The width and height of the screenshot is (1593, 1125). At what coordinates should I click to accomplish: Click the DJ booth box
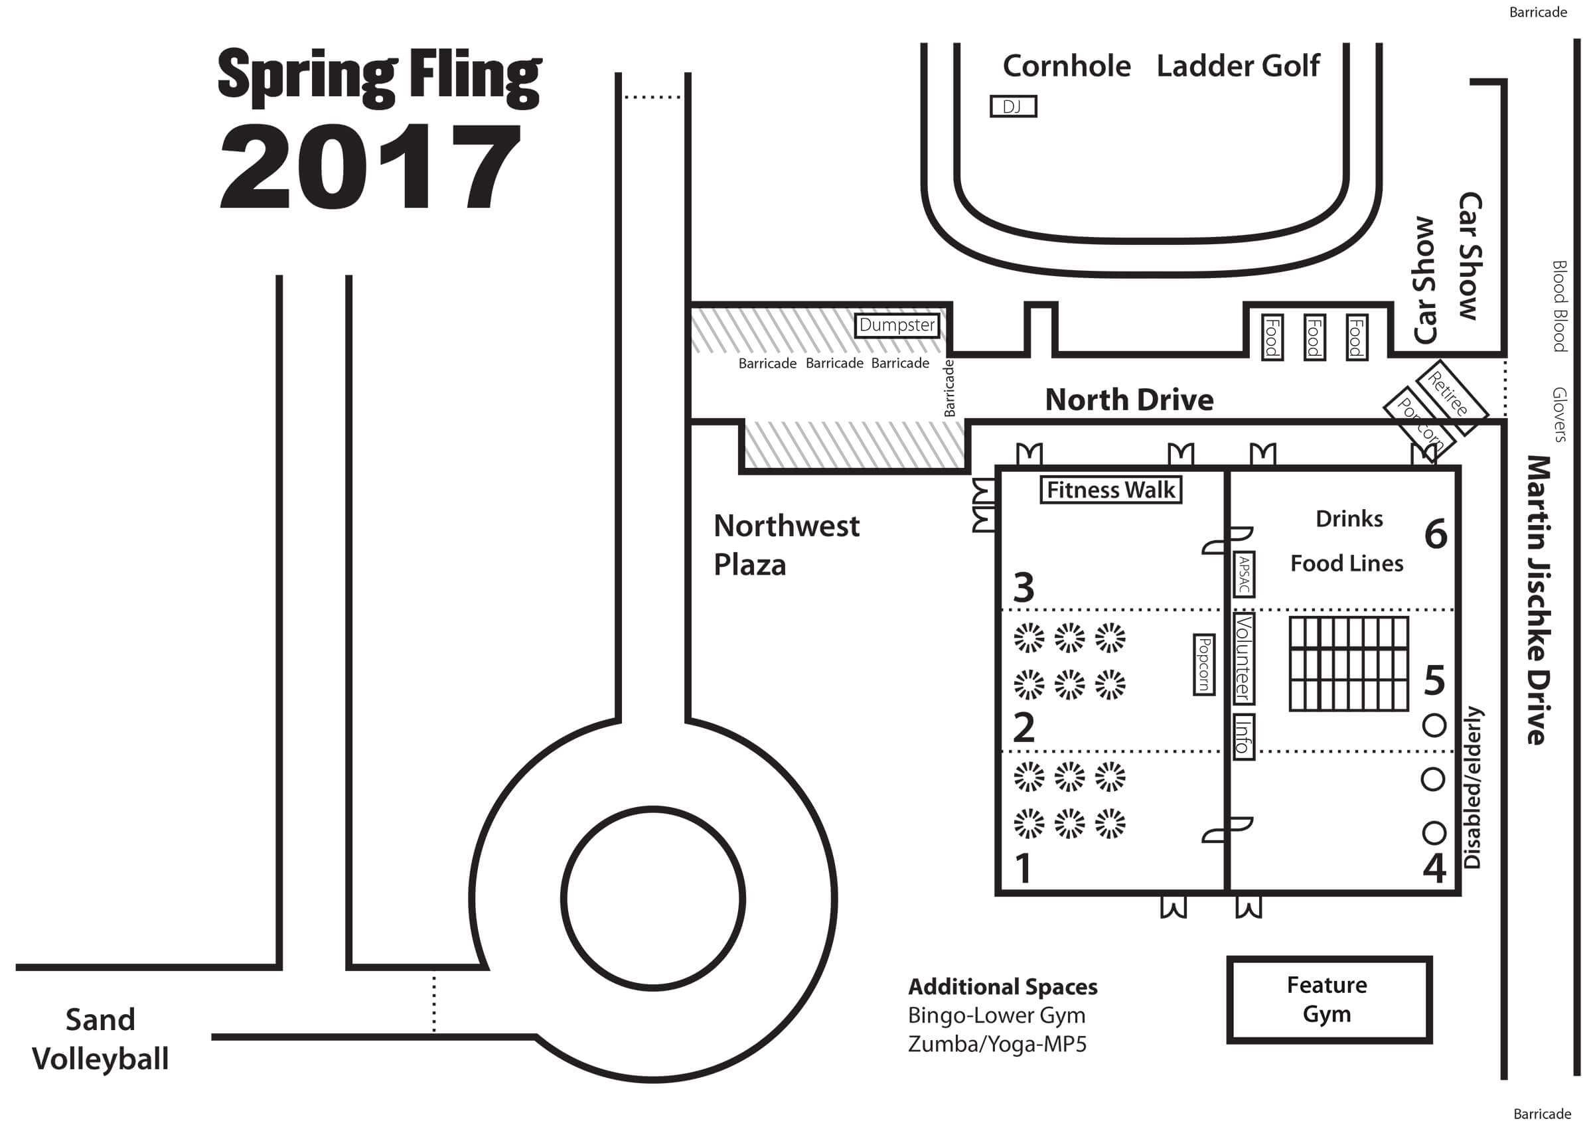(1012, 107)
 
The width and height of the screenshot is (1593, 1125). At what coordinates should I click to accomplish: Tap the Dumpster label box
(897, 325)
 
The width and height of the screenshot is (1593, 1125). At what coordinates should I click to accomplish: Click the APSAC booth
(1244, 574)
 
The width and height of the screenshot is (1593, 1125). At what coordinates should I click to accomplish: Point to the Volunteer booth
(1243, 658)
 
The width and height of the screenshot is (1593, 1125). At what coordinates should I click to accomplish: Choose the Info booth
(1243, 736)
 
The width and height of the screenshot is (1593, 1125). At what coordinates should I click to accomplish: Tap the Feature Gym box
(1328, 1000)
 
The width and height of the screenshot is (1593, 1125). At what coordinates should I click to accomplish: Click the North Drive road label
(1129, 400)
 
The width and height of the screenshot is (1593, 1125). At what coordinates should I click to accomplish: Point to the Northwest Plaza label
(785, 545)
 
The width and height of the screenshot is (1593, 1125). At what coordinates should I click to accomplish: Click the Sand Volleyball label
(101, 1039)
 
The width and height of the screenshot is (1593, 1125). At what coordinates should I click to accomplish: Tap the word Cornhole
(1067, 66)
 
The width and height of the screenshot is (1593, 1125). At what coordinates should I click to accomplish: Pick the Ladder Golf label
(1238, 66)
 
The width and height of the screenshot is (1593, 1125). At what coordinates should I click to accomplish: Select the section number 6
(1436, 535)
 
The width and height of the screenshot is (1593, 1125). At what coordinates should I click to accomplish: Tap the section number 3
(1024, 587)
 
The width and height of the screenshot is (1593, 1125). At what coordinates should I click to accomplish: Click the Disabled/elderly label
(1472, 787)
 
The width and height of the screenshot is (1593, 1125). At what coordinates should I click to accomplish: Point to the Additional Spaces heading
(1002, 986)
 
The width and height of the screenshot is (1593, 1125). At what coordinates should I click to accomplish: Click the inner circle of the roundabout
(653, 899)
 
